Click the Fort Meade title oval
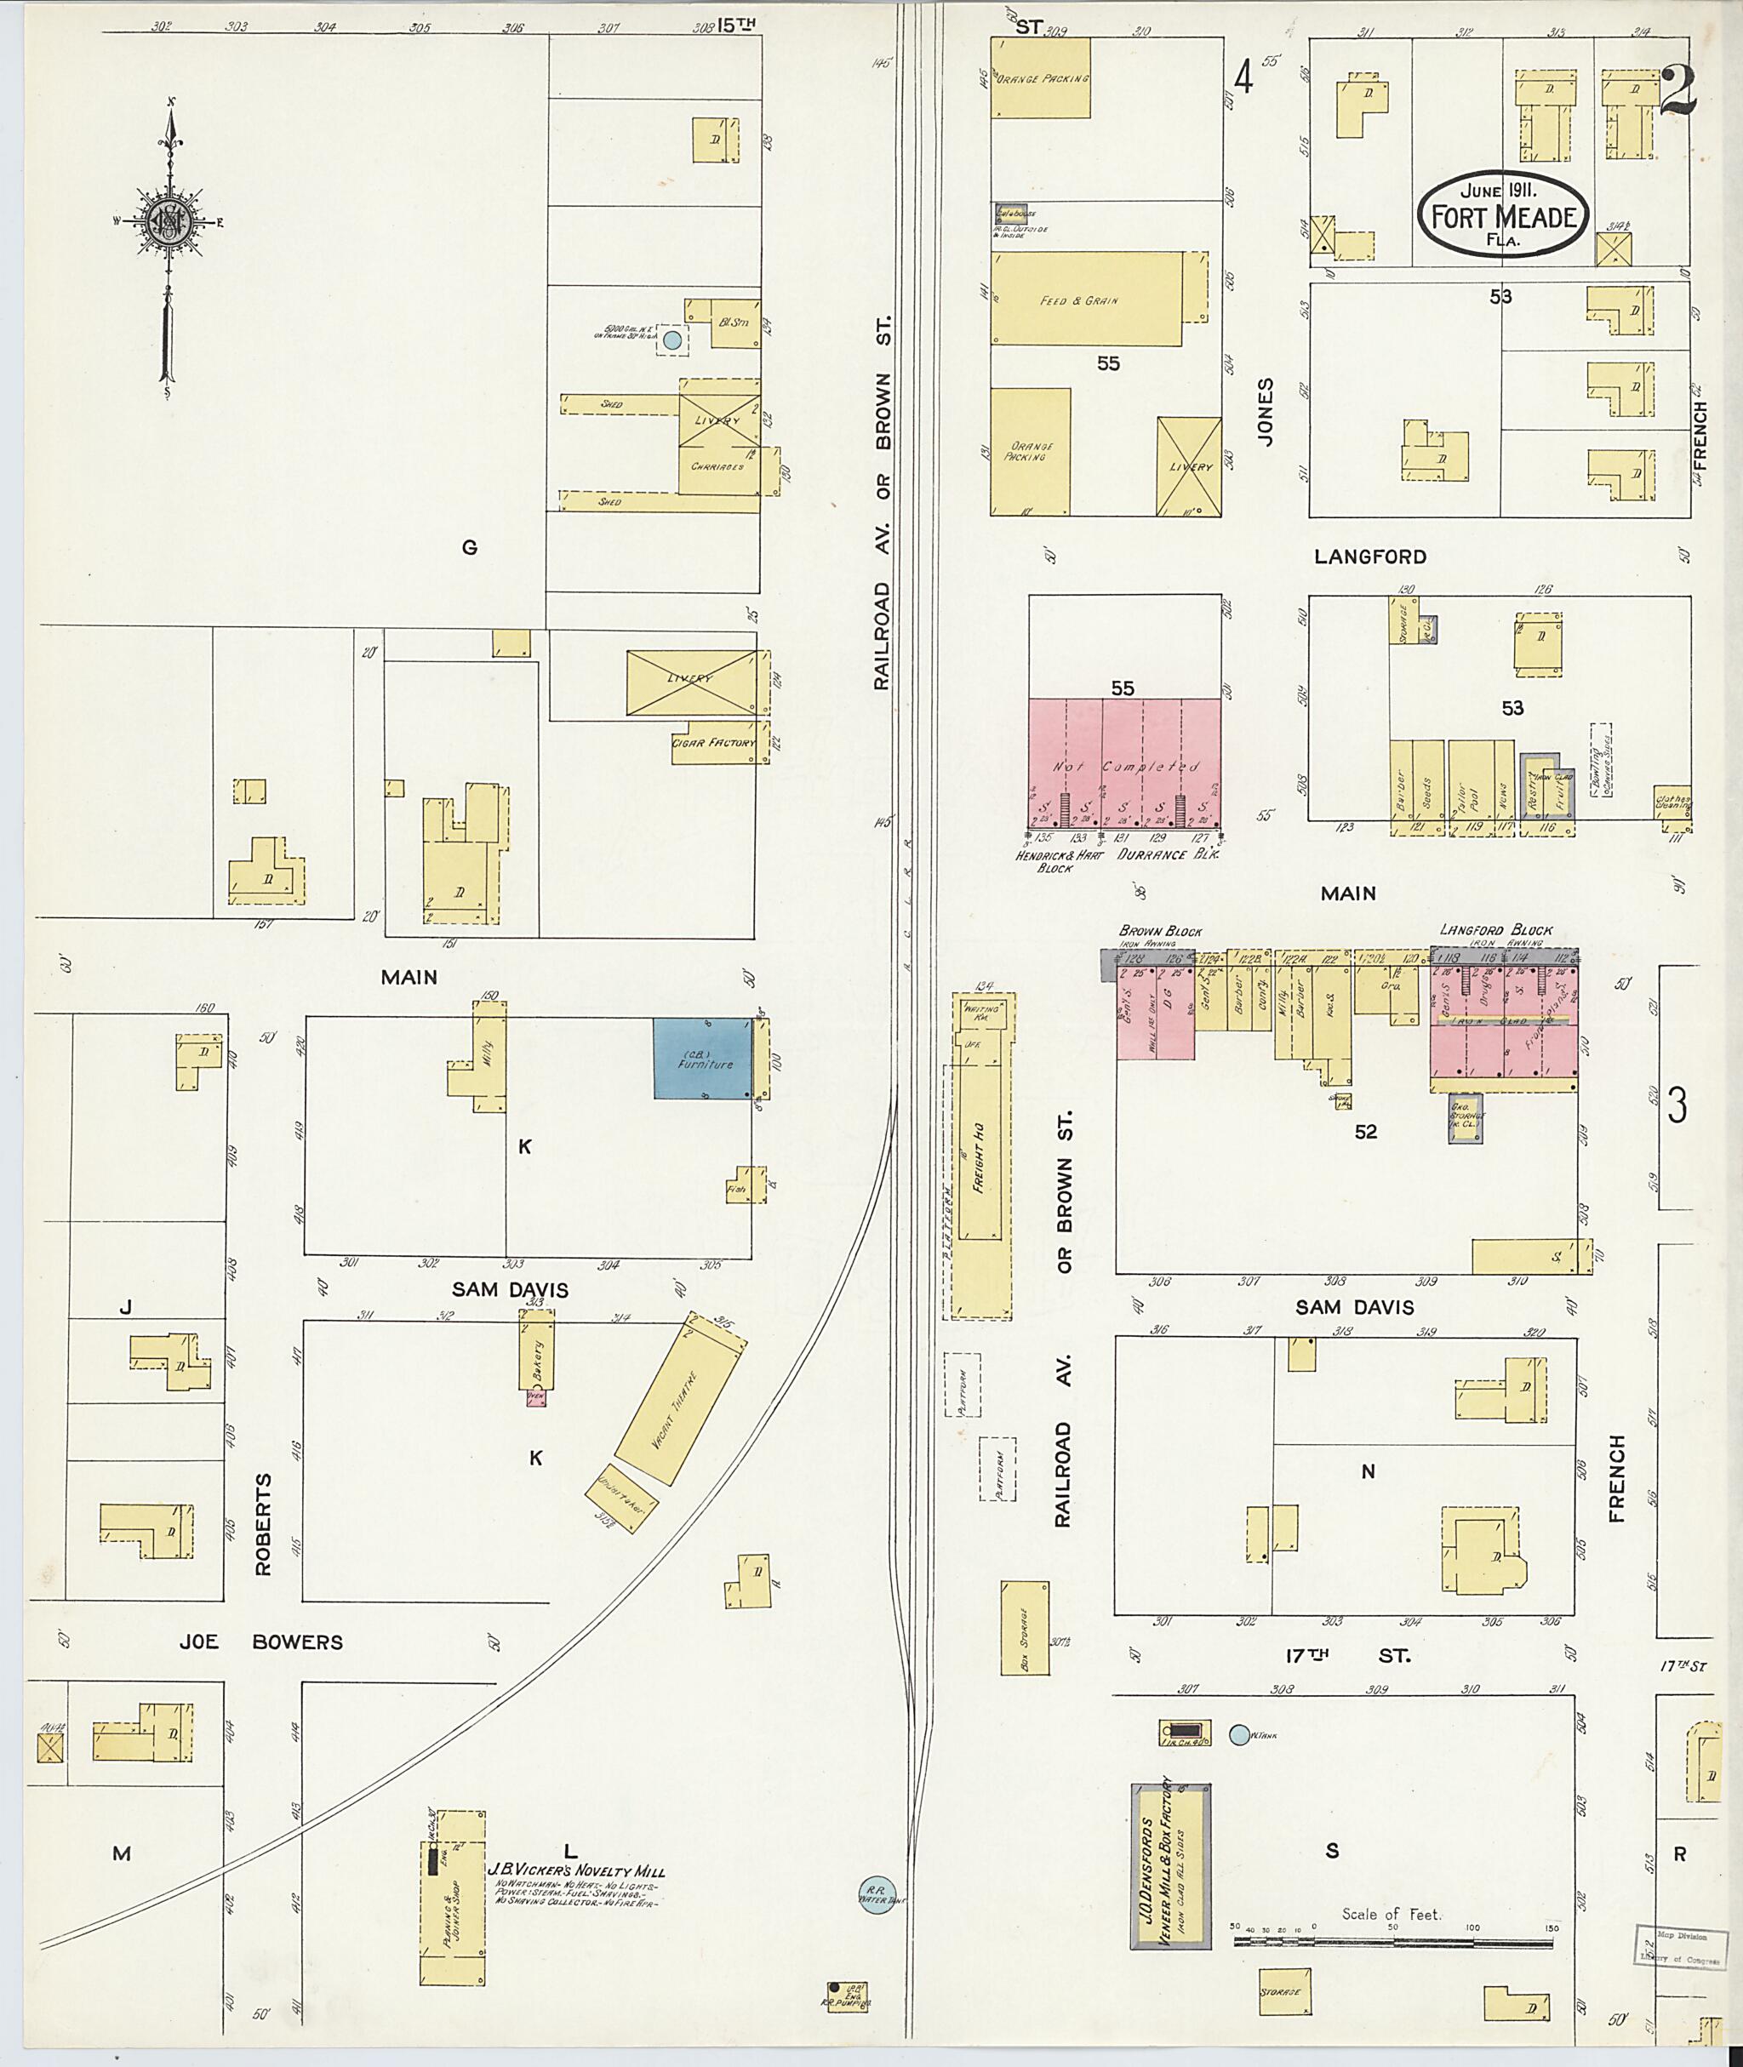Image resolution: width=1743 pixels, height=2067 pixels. (1503, 214)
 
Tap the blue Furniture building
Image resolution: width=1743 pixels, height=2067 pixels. (702, 1059)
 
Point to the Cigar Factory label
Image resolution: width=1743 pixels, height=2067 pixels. (713, 743)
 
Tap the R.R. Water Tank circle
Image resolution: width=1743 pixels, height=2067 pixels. (872, 1896)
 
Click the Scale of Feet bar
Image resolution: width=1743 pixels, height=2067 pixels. (1392, 1942)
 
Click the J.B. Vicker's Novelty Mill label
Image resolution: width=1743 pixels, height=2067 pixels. (576, 1871)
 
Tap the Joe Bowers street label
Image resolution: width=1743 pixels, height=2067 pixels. (261, 1642)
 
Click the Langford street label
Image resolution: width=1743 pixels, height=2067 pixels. (1369, 557)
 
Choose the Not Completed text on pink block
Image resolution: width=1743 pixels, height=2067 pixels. (1123, 766)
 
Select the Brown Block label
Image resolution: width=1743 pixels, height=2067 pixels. (1160, 931)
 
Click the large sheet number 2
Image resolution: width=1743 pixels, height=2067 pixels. (1677, 91)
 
